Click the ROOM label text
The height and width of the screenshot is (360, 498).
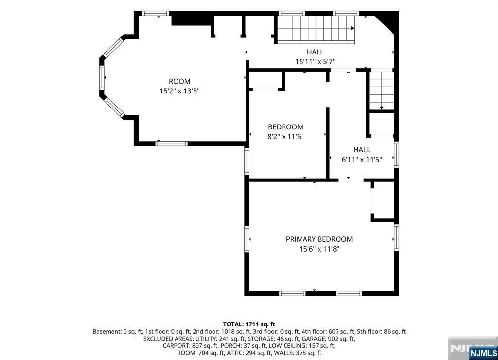[179, 81]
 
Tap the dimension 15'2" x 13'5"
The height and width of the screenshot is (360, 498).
[179, 91]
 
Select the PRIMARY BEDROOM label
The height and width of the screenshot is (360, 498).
[319, 239]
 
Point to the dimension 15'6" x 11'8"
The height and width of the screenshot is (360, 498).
[319, 249]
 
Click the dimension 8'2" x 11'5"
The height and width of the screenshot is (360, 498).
[286, 137]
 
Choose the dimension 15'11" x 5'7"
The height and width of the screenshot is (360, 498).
[315, 62]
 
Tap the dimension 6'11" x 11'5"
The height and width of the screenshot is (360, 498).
[362, 159]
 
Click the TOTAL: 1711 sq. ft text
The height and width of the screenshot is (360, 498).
[249, 324]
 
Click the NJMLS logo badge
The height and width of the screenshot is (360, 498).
[483, 353]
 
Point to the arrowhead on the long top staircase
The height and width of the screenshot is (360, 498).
[352, 28]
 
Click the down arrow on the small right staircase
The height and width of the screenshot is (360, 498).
[381, 108]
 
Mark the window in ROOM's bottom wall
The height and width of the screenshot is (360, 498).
[172, 144]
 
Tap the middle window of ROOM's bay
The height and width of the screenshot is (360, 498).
[102, 77]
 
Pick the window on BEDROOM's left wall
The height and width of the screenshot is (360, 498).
[247, 161]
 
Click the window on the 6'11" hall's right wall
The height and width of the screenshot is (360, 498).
[396, 154]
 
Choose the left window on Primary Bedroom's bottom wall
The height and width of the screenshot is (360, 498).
[292, 293]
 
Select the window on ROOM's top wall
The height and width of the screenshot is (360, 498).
[155, 13]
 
